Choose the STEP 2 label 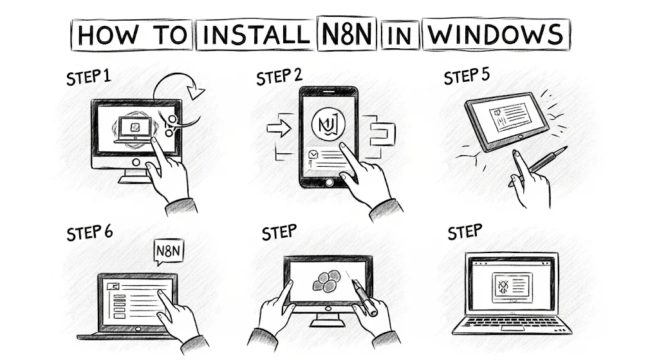[x=279, y=77]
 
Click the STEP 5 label [x=467, y=77]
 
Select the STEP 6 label [x=89, y=232]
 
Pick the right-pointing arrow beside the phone [x=279, y=128]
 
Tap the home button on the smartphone [x=329, y=182]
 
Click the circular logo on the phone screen [x=328, y=124]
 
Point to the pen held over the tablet [x=363, y=296]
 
